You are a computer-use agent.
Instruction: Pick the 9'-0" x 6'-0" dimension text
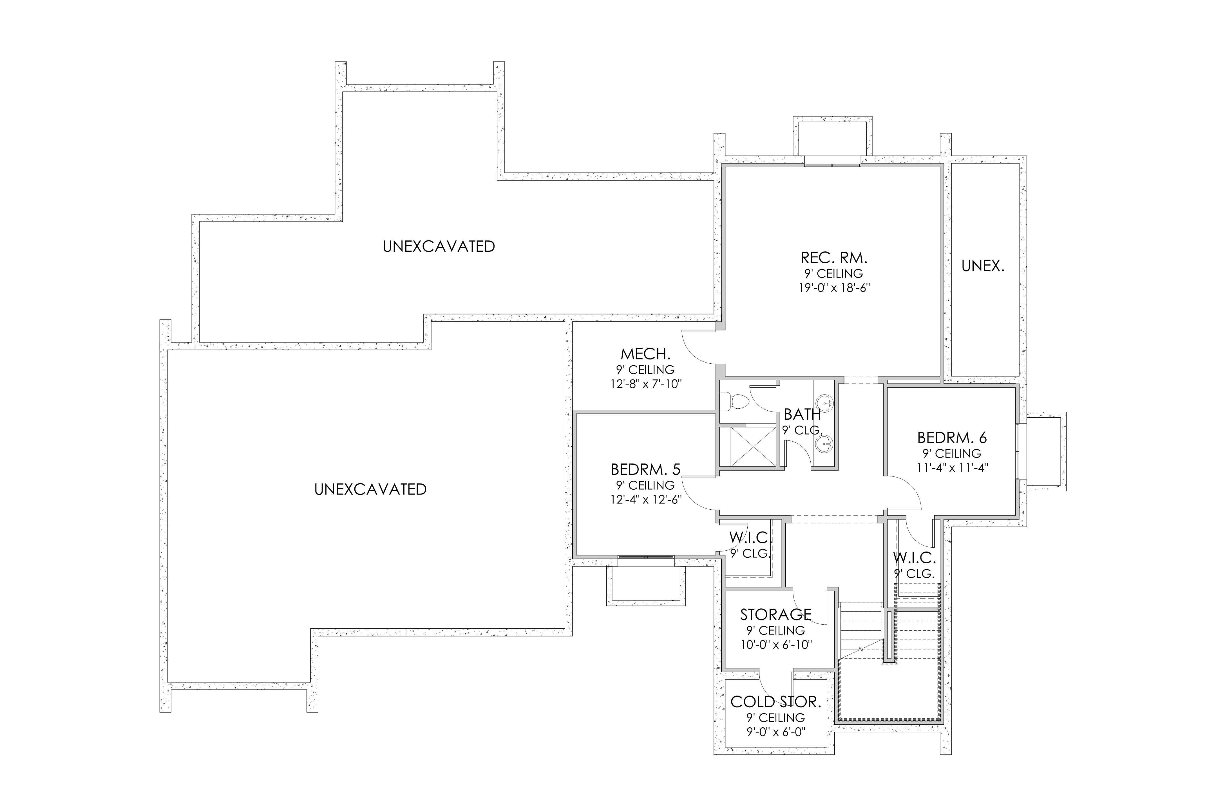[x=775, y=732]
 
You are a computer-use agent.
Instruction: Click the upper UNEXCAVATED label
[x=439, y=246]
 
